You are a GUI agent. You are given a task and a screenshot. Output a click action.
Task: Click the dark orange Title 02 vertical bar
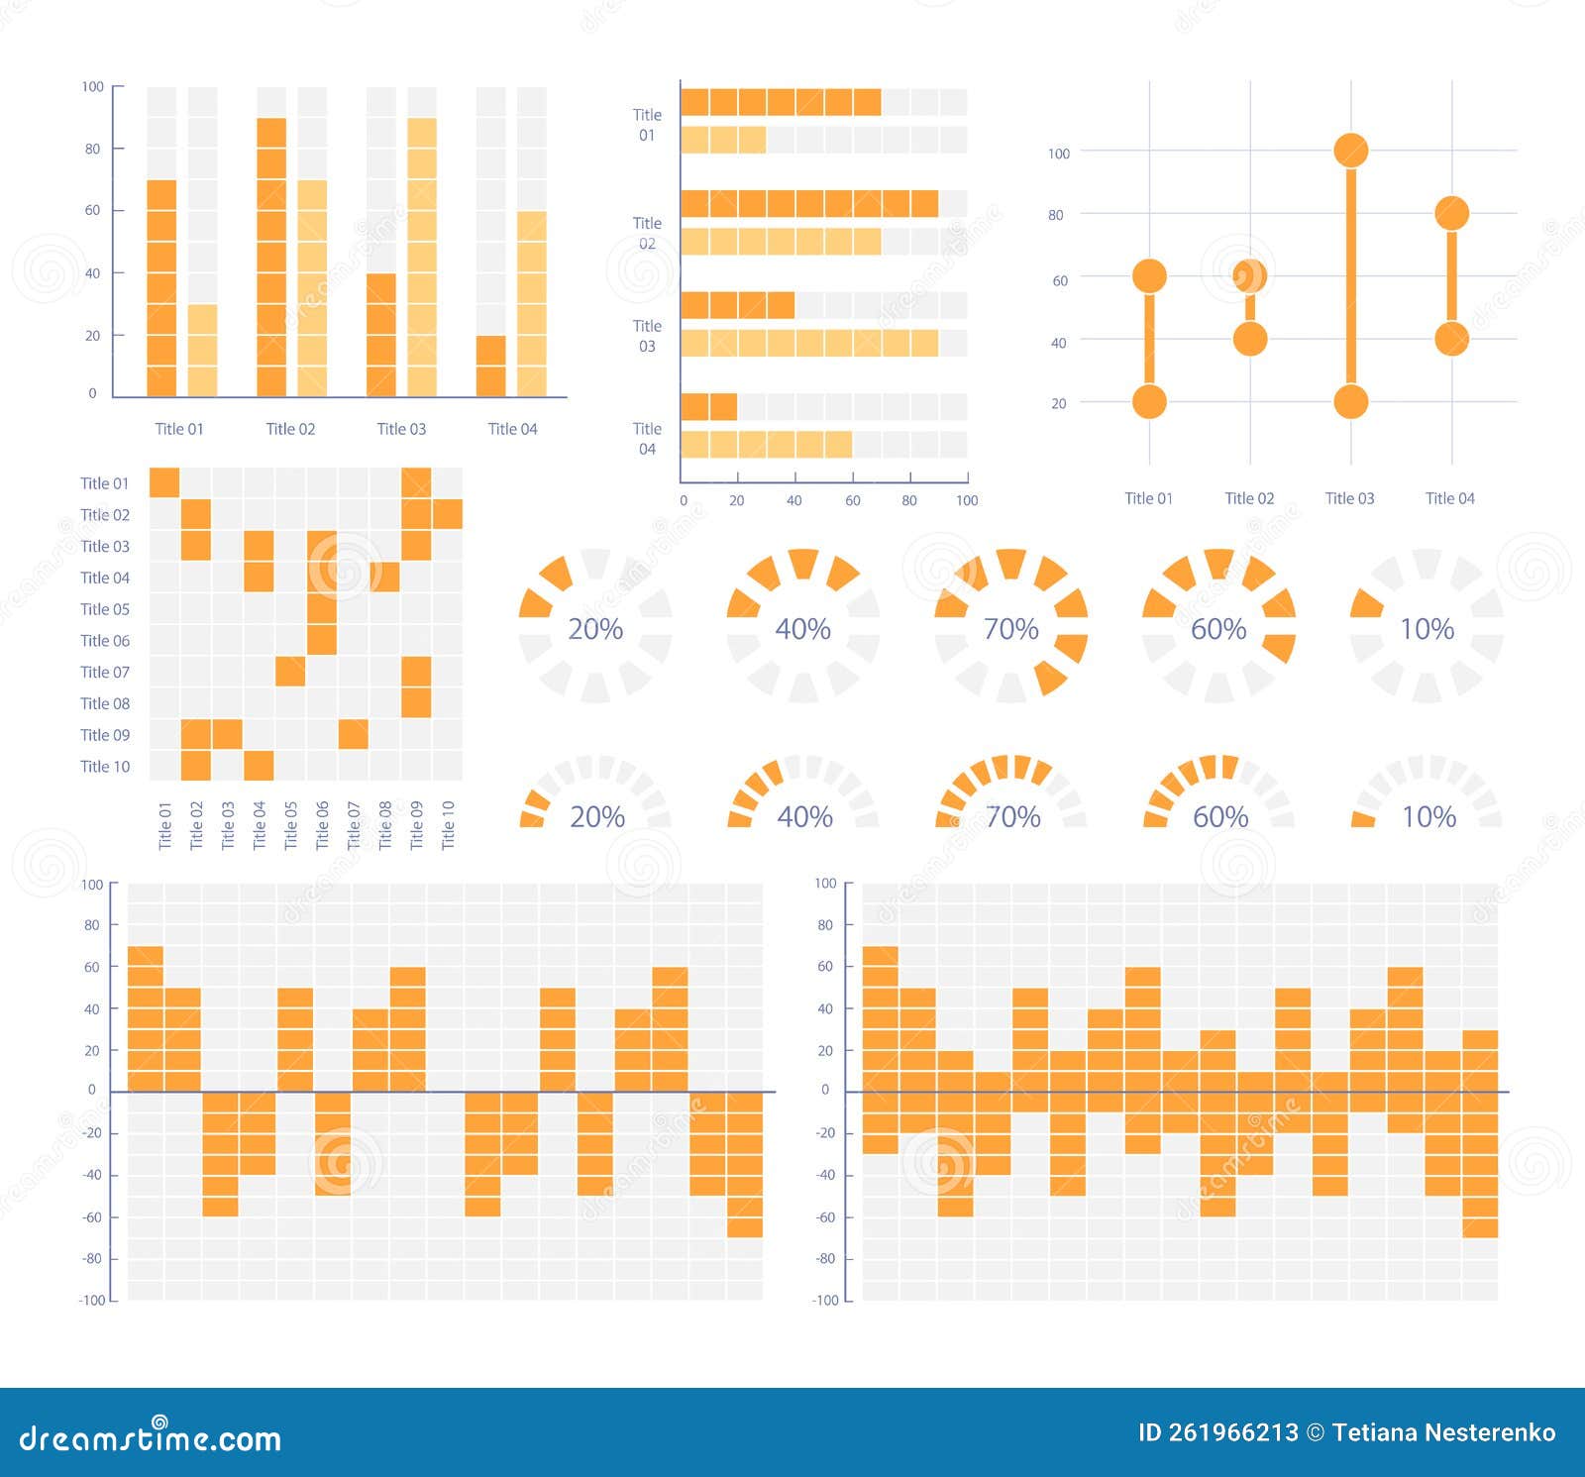pos(271,258)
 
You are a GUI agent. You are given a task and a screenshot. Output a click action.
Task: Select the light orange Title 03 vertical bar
pos(422,258)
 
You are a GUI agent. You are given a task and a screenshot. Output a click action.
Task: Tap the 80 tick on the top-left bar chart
pos(92,149)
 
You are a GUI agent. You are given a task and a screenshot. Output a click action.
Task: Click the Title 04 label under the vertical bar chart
pos(512,429)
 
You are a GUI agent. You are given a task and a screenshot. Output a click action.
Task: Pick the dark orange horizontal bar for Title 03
pos(737,305)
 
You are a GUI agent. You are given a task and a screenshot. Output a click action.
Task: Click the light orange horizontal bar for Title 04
pos(766,445)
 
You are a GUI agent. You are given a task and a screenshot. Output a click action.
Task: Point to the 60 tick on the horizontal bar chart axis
pos(852,500)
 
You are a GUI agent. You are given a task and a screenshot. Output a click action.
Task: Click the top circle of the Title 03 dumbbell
pos(1350,151)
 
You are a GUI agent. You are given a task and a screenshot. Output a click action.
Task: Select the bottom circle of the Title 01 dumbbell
pos(1149,402)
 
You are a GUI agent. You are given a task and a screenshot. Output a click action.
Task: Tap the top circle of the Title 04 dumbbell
pos(1451,213)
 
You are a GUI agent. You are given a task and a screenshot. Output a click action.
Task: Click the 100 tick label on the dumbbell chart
pos(1059,154)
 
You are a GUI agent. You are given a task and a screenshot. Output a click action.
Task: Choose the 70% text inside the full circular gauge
pos(1010,629)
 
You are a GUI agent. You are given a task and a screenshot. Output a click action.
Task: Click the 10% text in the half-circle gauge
pos(1428,817)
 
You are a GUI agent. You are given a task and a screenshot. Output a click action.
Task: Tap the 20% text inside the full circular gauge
pos(595,629)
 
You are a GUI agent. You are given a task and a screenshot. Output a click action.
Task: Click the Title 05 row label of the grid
pos(105,609)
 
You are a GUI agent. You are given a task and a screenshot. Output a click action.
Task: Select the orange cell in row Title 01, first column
pos(164,483)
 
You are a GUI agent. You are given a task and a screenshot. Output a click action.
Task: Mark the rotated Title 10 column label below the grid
pos(448,824)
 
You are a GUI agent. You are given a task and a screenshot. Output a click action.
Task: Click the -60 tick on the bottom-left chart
pos(91,1216)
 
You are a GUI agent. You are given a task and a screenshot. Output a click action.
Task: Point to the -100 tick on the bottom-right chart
pos(825,1300)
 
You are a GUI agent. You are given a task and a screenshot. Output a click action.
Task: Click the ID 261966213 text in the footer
pos(1217,1432)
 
